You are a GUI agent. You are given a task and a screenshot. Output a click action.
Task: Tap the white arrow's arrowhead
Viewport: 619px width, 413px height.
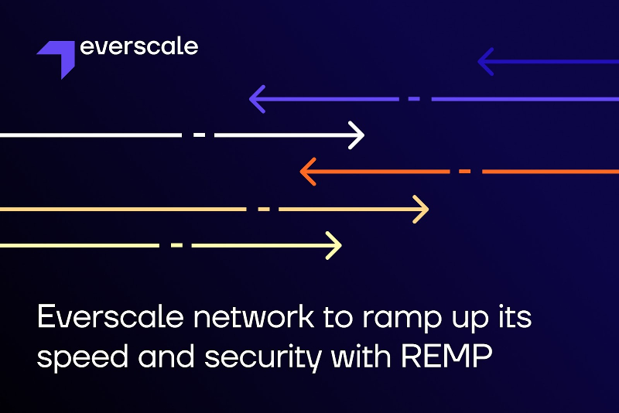[x=356, y=135]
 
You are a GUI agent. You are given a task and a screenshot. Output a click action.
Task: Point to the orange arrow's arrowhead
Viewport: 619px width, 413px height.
[x=307, y=171]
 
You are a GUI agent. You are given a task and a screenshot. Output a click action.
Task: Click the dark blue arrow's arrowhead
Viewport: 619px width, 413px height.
[x=485, y=61]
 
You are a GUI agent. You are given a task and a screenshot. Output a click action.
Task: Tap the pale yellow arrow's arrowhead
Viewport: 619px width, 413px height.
[x=333, y=245]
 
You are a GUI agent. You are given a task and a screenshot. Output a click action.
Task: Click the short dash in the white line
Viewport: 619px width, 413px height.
[x=200, y=135]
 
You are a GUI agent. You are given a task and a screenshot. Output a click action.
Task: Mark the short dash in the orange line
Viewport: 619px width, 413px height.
[x=464, y=171]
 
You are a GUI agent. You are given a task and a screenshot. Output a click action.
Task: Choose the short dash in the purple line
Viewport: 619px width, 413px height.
[x=413, y=99]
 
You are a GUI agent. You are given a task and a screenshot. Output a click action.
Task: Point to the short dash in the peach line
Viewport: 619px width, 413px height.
[x=264, y=209]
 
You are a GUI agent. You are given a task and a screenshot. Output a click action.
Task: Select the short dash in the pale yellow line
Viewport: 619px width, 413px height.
[x=176, y=245]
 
